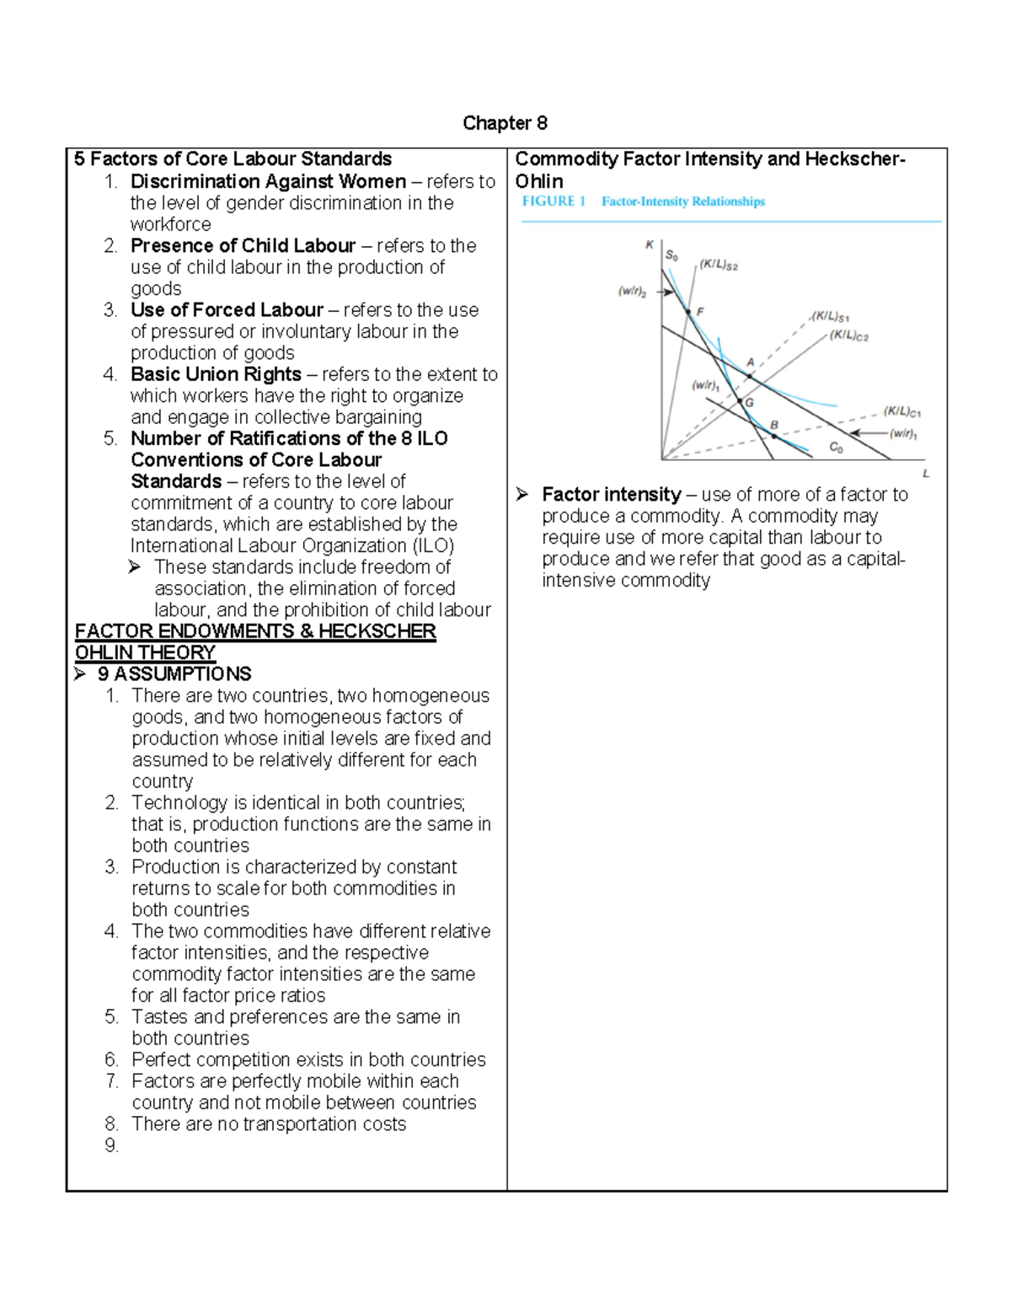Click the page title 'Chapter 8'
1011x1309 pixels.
coord(505,124)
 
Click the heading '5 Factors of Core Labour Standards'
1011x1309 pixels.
coord(233,159)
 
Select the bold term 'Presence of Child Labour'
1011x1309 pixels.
coord(243,246)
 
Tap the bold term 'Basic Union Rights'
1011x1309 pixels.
coord(216,374)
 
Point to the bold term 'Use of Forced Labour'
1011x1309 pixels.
coord(227,310)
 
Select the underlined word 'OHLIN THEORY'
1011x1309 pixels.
coord(145,653)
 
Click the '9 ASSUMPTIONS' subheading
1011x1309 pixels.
coord(174,674)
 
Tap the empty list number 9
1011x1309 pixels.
coord(112,1145)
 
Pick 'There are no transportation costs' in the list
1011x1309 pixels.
coord(269,1124)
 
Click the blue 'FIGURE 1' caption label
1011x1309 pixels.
coord(554,201)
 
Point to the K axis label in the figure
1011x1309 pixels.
coord(650,245)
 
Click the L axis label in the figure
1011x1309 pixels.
coord(926,474)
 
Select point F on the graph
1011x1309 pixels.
coord(688,312)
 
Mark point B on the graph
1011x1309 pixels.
coord(774,435)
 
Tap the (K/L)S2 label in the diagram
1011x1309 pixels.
coord(719,266)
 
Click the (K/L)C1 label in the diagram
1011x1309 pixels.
coord(902,412)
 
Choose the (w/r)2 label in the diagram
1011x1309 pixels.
coord(632,292)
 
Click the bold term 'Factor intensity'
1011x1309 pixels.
coord(611,495)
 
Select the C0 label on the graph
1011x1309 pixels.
coord(836,448)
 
